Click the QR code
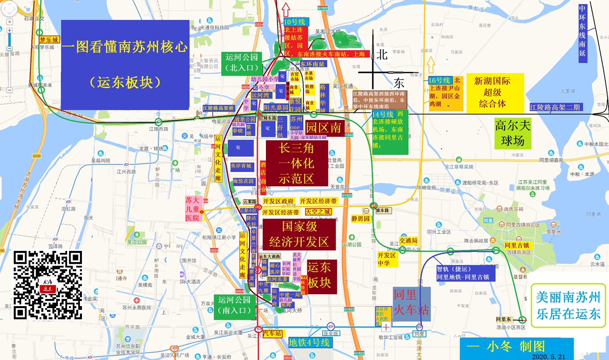click(x=48, y=285)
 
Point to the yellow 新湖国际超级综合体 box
click(x=495, y=92)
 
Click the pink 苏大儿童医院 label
click(x=193, y=209)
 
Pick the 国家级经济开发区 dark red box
click(x=299, y=234)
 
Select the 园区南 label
click(x=323, y=128)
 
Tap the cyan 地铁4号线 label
click(x=309, y=342)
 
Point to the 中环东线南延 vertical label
click(x=582, y=33)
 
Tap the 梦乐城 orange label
click(x=49, y=40)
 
